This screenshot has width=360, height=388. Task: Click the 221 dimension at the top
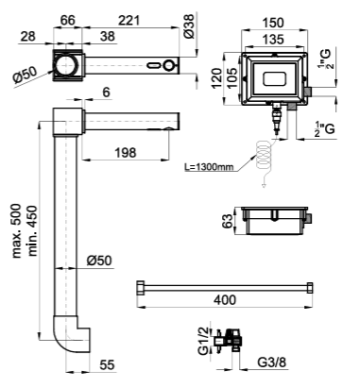coord(129,21)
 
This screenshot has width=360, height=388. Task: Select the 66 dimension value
coord(68,21)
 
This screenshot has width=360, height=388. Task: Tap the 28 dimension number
coord(28,37)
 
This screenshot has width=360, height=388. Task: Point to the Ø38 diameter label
coord(190,26)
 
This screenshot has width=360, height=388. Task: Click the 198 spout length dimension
coord(125,153)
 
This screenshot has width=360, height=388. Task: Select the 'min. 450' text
coord(32,231)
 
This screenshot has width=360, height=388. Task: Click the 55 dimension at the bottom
coord(107,365)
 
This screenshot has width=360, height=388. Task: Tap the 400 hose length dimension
coord(225,300)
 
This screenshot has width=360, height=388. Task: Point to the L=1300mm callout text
coord(209,167)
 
